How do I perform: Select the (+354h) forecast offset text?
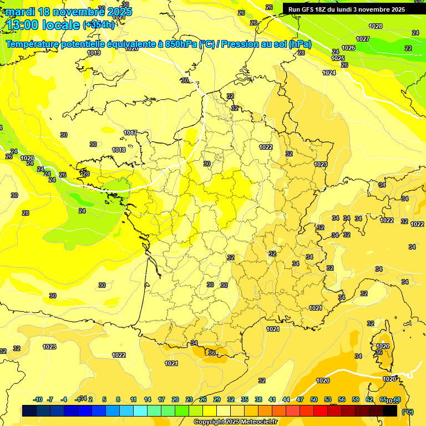click(99, 24)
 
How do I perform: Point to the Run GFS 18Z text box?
click(346, 9)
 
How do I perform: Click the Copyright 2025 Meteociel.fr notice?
click(236, 422)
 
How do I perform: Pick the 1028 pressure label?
click(376, 26)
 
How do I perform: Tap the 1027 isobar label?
click(363, 38)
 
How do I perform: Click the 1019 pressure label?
click(94, 53)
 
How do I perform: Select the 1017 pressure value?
click(130, 133)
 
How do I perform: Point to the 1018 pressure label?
click(119, 150)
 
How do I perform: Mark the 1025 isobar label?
click(338, 58)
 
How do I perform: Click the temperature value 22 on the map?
click(408, 48)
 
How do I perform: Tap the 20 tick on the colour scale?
click(175, 399)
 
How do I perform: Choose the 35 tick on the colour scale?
click(245, 399)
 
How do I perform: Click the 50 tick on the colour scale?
click(314, 399)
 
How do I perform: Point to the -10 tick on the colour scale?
click(38, 399)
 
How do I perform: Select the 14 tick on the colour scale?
click(148, 399)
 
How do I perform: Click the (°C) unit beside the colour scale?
click(408, 411)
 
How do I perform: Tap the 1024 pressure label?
click(329, 73)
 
